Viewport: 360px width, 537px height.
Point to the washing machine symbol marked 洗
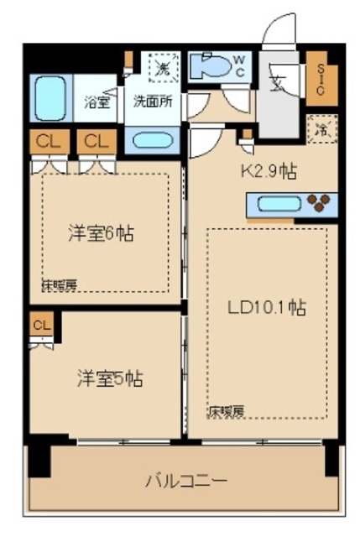point(159,68)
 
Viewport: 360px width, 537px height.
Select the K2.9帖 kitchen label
point(268,172)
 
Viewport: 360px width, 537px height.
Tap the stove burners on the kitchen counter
point(320,203)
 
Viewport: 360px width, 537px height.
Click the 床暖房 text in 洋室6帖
point(59,286)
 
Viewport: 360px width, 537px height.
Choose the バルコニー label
point(185,482)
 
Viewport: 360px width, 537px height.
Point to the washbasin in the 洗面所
point(151,139)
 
